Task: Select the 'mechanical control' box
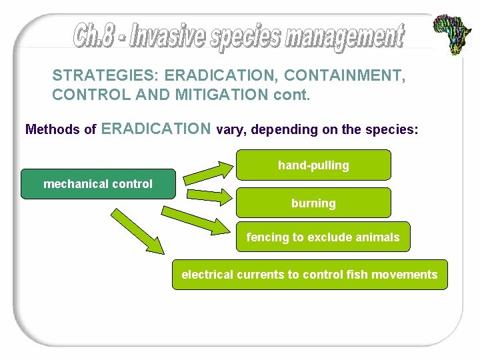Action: point(98,184)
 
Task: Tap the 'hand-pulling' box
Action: point(313,165)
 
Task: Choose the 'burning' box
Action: point(313,203)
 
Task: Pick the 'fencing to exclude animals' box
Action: point(323,237)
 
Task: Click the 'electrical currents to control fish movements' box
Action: point(309,275)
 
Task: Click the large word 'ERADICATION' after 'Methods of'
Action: point(157,129)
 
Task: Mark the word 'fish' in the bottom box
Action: point(357,275)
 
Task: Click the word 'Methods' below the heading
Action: point(52,129)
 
